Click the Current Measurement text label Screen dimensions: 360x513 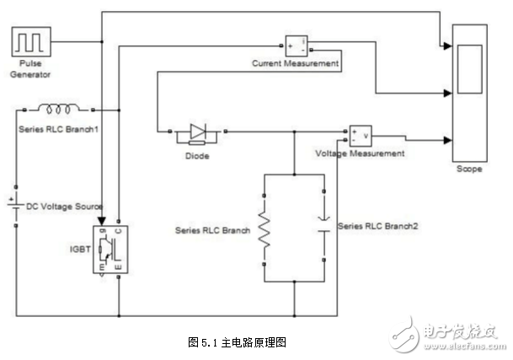[x=295, y=63]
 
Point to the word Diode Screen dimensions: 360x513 [x=195, y=156]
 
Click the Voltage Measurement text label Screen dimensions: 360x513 [x=360, y=154]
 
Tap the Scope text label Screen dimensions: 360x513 [x=469, y=169]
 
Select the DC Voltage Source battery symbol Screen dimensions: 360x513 [x=16, y=206]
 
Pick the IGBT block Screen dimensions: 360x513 [x=110, y=250]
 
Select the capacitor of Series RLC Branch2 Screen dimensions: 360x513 [x=323, y=226]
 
